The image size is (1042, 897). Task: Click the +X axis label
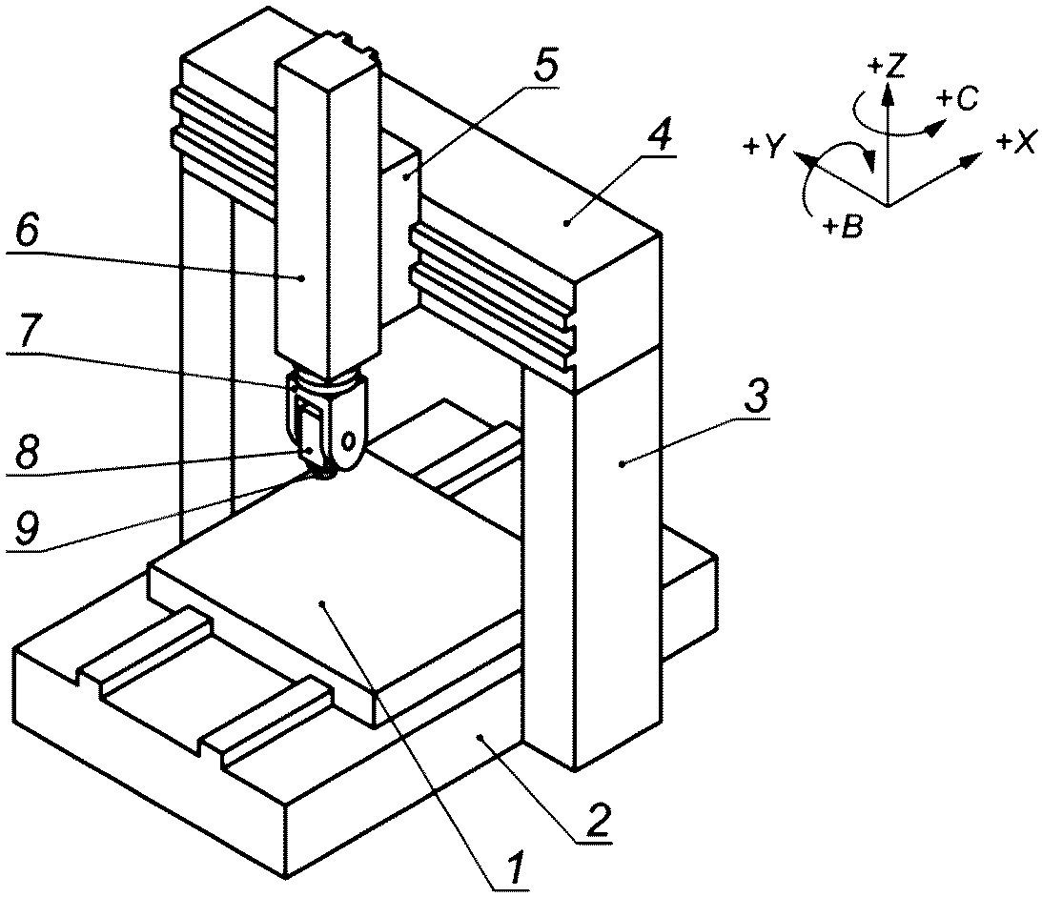1014,141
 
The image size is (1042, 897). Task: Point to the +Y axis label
761,146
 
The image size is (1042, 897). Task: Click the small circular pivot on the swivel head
348,439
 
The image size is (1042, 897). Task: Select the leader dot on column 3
622,464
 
